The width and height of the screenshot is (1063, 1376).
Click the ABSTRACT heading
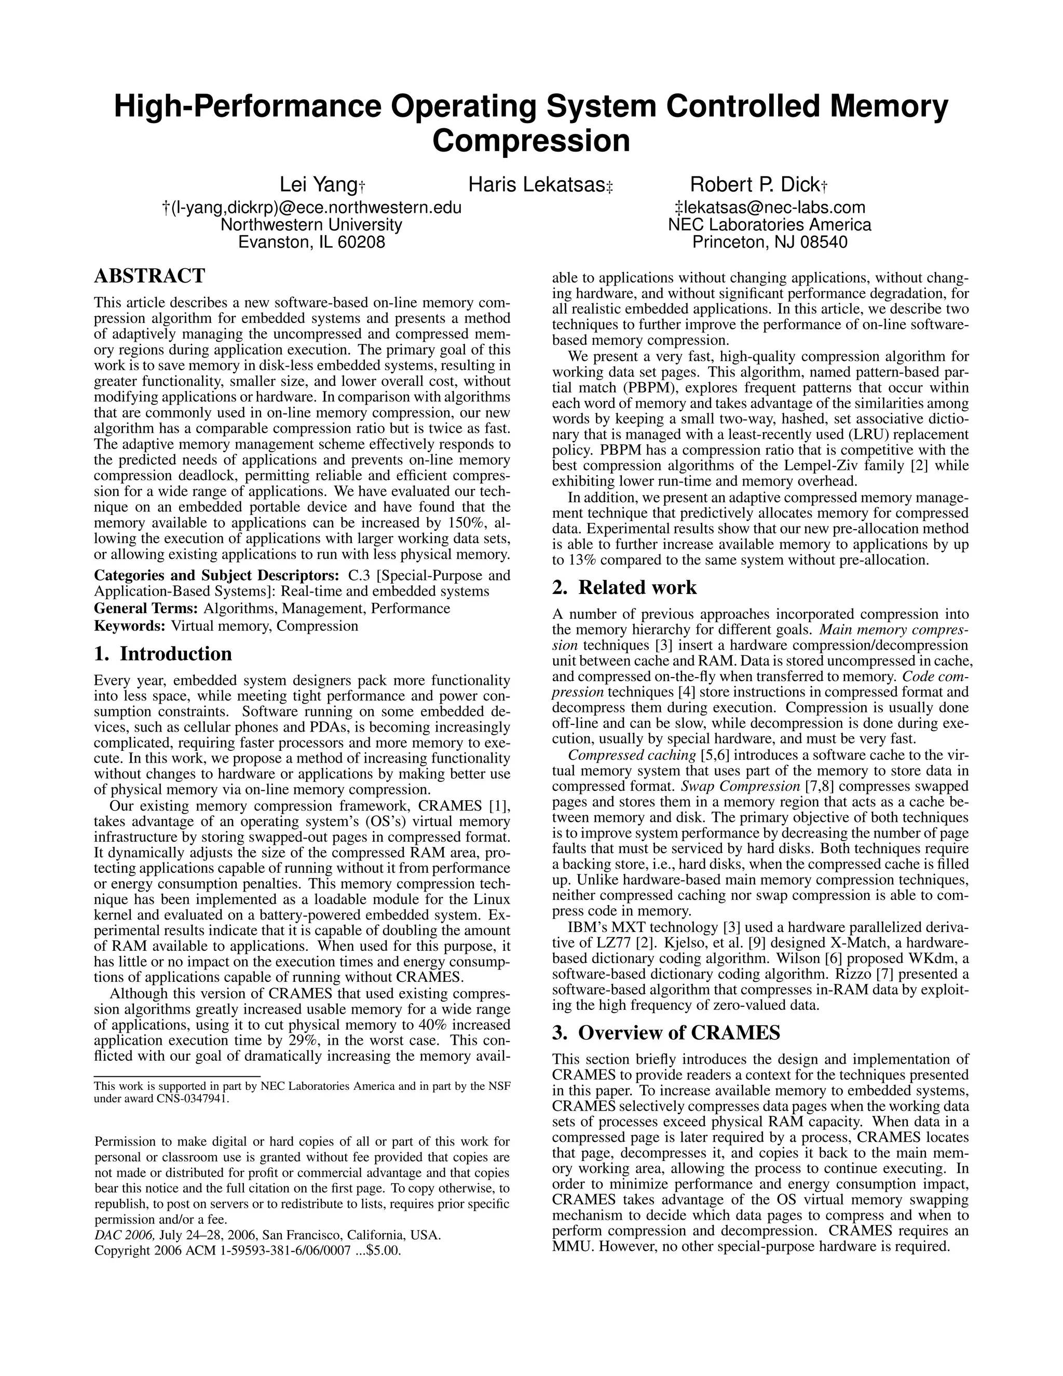click(x=149, y=276)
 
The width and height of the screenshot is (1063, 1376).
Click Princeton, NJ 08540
click(x=770, y=242)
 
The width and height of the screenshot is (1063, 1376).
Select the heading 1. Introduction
click(x=162, y=653)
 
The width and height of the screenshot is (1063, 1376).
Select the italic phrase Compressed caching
click(x=618, y=755)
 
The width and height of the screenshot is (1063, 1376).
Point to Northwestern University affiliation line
click(x=311, y=225)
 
